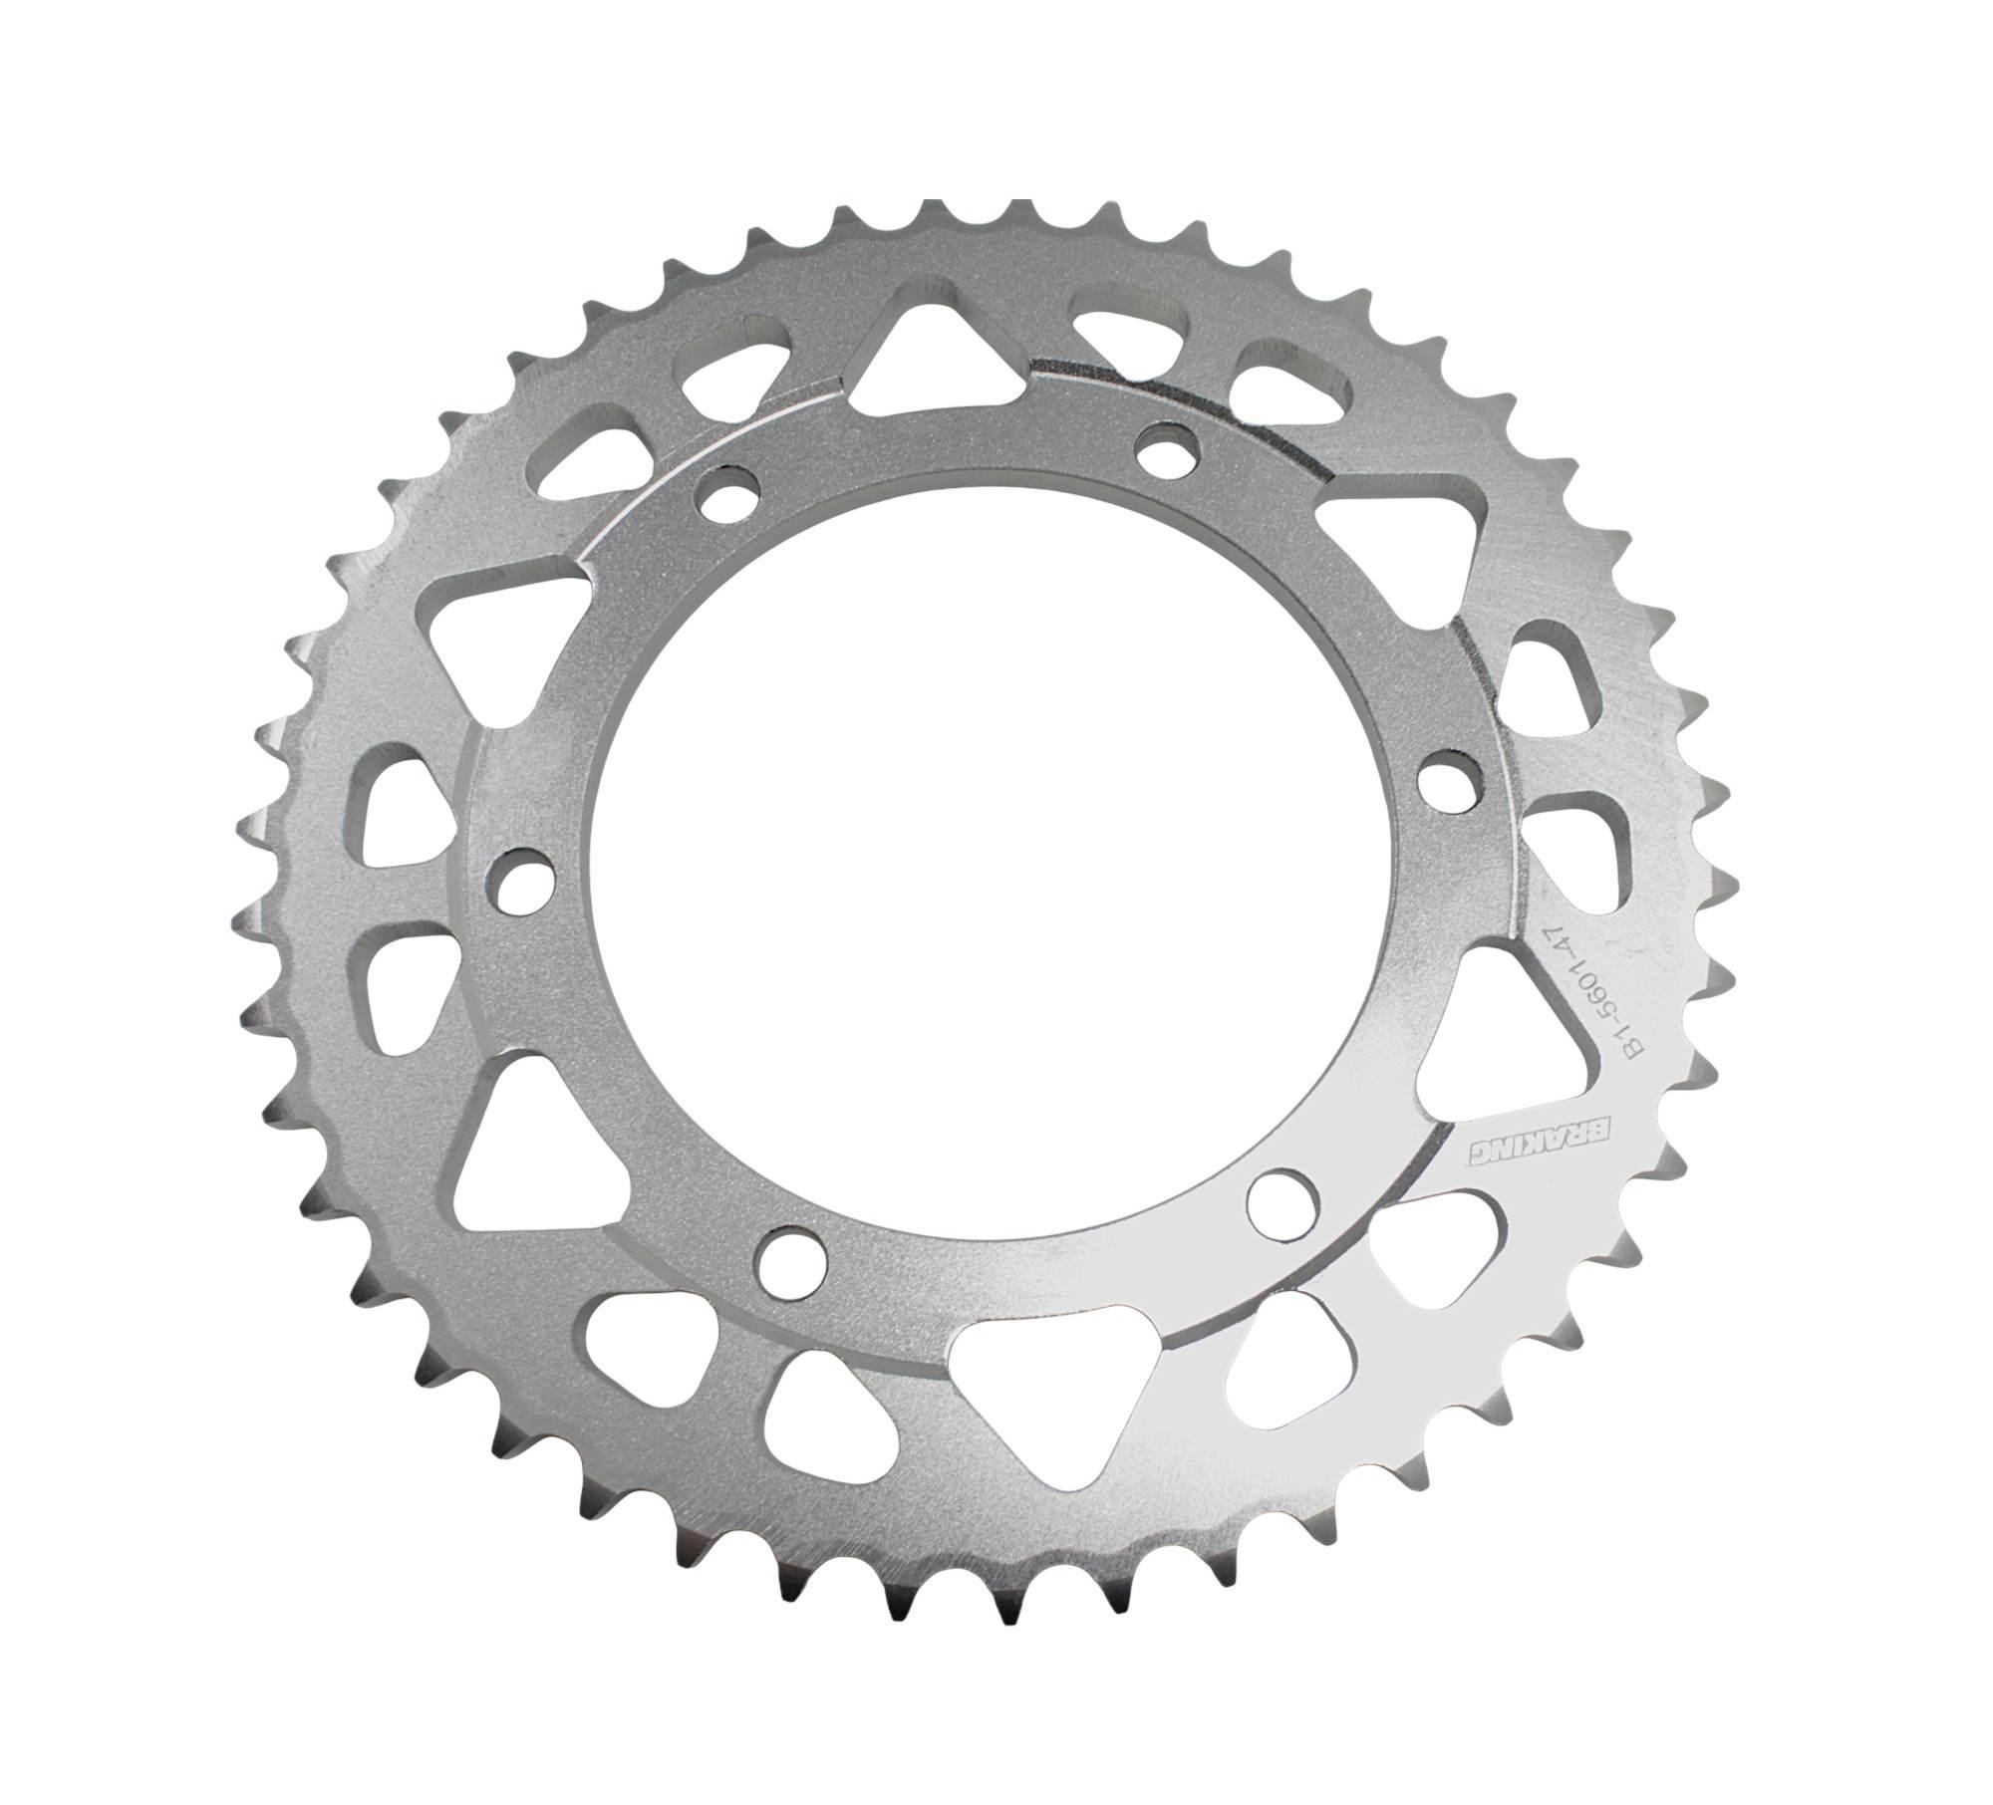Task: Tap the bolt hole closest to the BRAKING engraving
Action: pos(1281,1197)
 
